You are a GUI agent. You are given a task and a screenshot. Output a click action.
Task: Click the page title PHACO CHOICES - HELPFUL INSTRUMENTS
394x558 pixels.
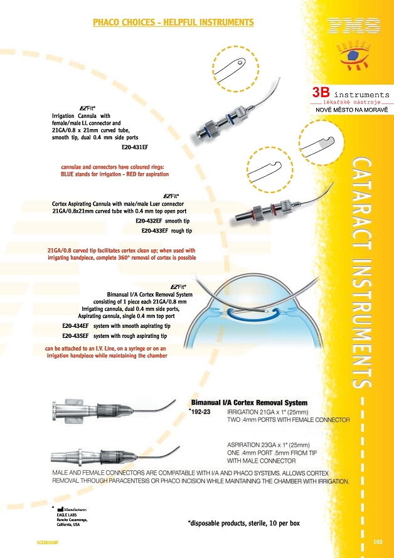[x=173, y=23]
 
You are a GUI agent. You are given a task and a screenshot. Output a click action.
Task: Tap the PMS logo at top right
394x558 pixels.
[x=354, y=26]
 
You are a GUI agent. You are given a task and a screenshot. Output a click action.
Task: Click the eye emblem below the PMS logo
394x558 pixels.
[x=353, y=56]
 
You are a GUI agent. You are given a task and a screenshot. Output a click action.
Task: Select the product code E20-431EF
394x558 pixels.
[x=135, y=147]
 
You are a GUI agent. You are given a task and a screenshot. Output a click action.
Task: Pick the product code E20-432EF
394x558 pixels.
[x=149, y=221]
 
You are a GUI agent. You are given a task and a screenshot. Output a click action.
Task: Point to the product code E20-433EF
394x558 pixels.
[x=154, y=231]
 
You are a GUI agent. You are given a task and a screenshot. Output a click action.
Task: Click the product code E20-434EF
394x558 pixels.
[x=75, y=326]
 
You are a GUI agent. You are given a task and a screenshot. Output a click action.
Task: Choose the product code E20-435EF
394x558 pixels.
[x=75, y=336]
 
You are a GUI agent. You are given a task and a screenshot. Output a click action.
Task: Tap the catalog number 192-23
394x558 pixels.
[x=201, y=412]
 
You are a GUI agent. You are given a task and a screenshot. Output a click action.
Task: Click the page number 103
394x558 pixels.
[x=378, y=542]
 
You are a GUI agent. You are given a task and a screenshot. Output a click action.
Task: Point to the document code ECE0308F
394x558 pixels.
[x=48, y=542]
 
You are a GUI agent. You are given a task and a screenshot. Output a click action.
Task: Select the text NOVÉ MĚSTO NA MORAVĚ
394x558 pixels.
[x=351, y=110]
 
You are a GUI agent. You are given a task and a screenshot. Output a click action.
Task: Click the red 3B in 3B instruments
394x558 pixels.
[x=321, y=92]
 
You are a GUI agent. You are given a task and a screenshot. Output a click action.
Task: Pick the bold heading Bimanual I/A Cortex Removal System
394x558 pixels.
[x=249, y=403]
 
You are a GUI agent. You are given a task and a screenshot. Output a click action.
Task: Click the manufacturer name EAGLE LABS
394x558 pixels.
[x=67, y=515]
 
